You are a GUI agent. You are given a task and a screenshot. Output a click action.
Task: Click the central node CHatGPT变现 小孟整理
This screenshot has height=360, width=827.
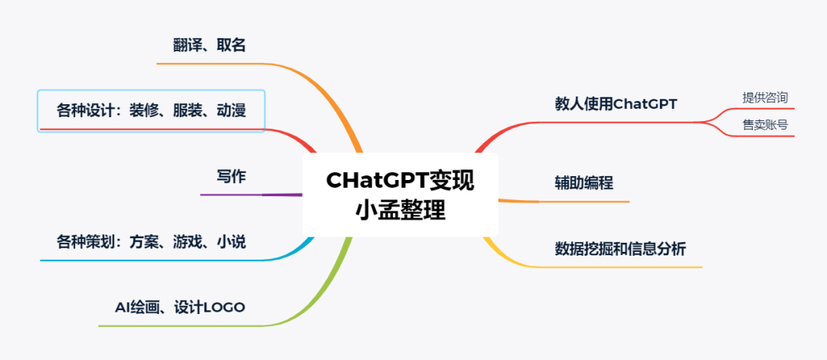(400, 194)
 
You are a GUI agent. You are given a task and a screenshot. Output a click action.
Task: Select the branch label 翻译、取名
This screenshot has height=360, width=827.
(210, 45)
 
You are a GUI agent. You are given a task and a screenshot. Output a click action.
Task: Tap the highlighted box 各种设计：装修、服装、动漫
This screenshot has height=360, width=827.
(151, 111)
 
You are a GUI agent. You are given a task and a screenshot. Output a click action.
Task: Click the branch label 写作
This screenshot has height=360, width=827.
(231, 176)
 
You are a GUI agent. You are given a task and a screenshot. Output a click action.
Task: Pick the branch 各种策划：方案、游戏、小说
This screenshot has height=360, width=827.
(151, 242)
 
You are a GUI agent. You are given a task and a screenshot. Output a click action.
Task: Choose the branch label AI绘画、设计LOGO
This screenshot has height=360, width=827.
(180, 307)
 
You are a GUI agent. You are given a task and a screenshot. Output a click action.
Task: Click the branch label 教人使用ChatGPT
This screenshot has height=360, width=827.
(616, 103)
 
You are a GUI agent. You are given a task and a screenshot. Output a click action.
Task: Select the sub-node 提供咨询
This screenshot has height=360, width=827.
(764, 97)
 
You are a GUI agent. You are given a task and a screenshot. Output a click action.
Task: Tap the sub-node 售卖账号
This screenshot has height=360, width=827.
(764, 125)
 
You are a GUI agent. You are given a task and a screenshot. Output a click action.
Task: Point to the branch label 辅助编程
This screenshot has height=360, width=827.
(584, 183)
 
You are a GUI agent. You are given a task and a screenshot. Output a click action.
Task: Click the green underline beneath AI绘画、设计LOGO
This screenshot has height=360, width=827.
(176, 326)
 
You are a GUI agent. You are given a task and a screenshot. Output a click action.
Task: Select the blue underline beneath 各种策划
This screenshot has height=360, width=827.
(153, 260)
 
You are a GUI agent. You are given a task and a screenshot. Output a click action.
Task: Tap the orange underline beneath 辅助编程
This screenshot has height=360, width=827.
(584, 201)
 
